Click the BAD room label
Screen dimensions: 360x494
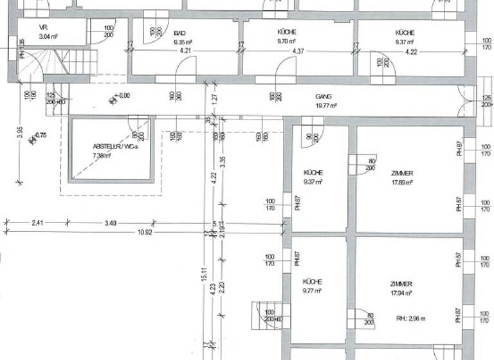pyautogui.click(x=179, y=33)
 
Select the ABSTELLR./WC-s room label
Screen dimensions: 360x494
pyautogui.click(x=116, y=147)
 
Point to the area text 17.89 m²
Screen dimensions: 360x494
pyautogui.click(x=401, y=182)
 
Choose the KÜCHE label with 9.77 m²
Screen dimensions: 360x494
pyautogui.click(x=313, y=282)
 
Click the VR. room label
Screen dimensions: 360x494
pyautogui.click(x=44, y=28)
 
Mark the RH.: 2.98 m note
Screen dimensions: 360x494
pyautogui.click(x=412, y=318)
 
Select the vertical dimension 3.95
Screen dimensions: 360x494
pyautogui.click(x=20, y=134)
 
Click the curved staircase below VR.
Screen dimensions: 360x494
pyautogui.click(x=35, y=64)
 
